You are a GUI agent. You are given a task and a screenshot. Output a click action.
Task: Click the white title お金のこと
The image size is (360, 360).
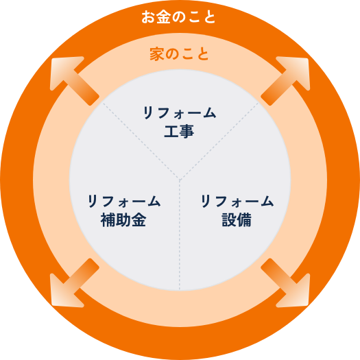pos(178,17)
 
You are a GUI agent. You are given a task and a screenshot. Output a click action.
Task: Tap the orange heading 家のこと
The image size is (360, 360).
pos(179,54)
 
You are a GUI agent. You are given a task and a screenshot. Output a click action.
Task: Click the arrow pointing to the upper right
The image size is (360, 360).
pos(286,80)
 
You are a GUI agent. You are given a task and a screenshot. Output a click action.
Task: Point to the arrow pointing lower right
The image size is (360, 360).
pos(286,283)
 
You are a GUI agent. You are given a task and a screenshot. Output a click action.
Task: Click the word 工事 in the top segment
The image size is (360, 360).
pos(179,132)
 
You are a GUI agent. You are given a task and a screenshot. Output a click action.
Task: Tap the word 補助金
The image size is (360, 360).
pos(123,219)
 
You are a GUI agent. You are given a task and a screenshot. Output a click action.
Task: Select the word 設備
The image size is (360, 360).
pos(237,219)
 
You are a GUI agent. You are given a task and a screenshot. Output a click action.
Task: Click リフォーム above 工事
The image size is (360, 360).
pos(180,112)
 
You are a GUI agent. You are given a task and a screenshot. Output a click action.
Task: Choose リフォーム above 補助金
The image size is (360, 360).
pos(124,201)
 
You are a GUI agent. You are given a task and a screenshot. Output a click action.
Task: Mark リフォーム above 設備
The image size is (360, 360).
pos(237,201)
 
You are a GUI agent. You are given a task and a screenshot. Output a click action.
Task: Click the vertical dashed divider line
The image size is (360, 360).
pos(180,235)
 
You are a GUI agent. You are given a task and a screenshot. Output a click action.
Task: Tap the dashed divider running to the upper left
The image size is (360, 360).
pos(141,141)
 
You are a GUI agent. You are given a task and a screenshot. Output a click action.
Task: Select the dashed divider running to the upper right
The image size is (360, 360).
pos(219,141)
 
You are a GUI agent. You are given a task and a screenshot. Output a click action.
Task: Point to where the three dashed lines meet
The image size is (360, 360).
pos(180,179)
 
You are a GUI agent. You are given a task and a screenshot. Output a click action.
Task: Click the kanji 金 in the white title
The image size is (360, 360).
pos(163,17)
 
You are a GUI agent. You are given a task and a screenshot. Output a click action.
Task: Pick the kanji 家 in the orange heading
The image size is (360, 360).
pos(157,54)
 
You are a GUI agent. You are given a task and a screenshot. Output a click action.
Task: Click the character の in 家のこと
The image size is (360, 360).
pos(172,54)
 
